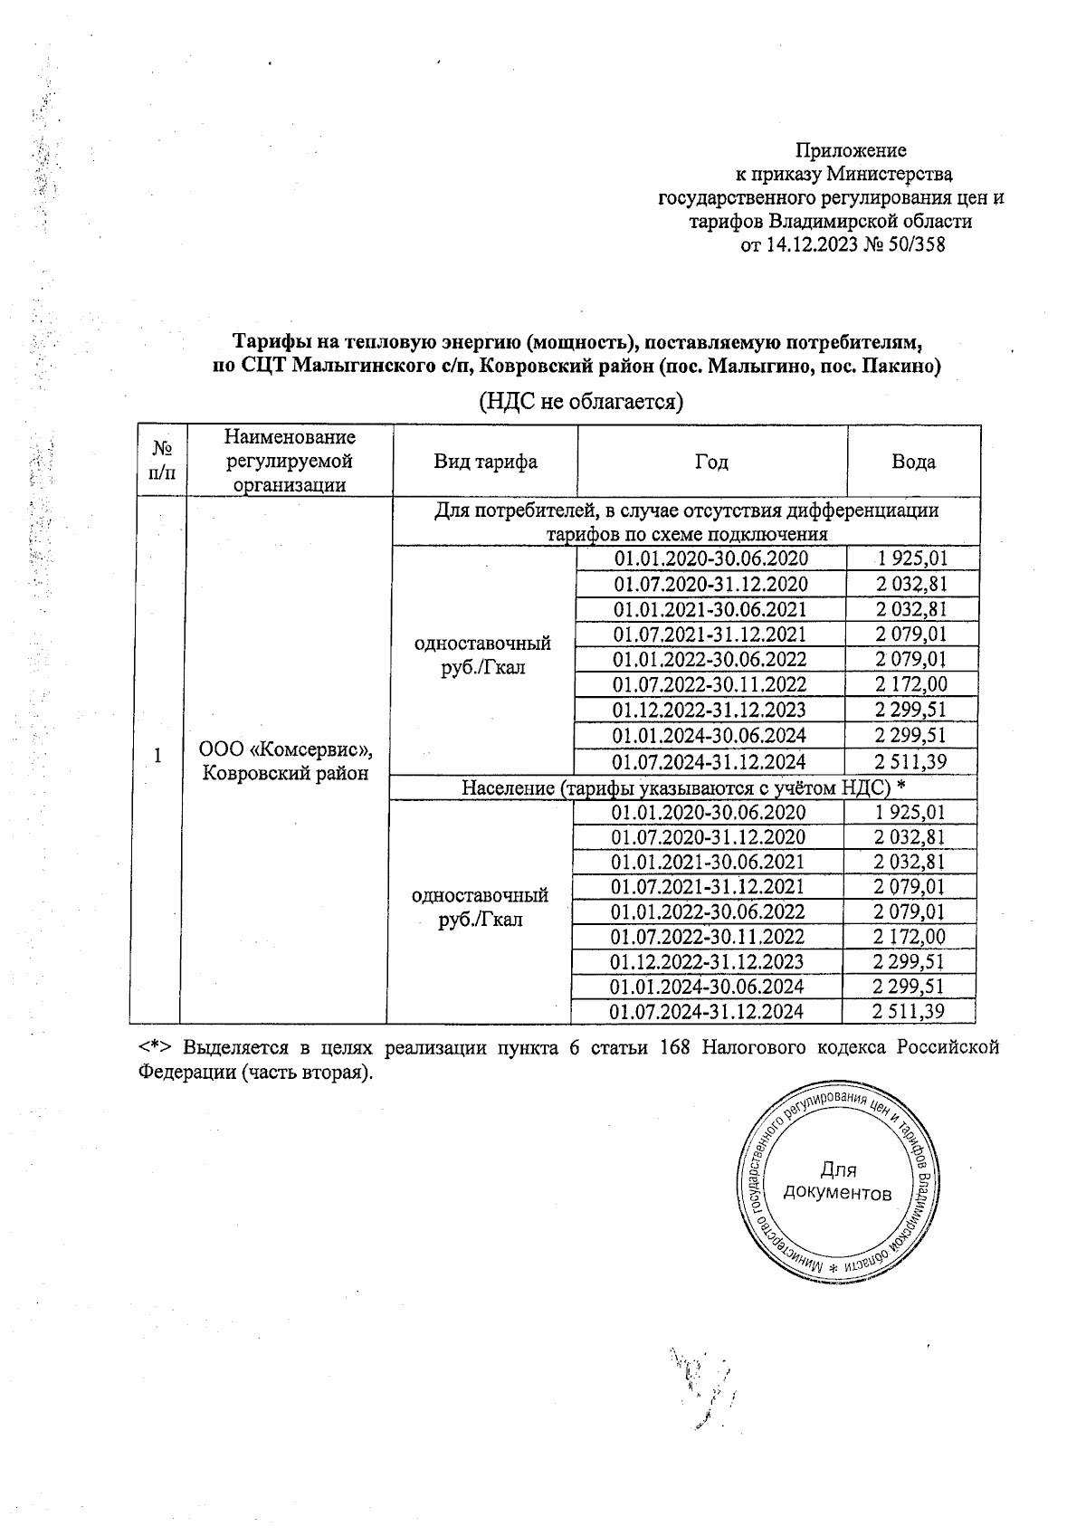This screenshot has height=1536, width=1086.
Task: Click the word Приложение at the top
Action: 851,150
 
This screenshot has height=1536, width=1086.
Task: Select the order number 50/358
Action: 917,244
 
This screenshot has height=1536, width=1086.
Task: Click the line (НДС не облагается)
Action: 580,401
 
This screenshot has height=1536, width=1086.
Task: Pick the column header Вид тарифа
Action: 485,462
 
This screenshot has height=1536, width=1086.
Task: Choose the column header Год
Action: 711,462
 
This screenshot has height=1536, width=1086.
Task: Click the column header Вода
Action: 913,462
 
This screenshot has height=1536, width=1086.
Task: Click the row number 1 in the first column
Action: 157,756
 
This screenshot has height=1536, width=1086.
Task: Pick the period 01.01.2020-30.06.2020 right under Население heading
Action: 708,812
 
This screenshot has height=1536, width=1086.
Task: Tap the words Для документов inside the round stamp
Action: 838,1181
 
